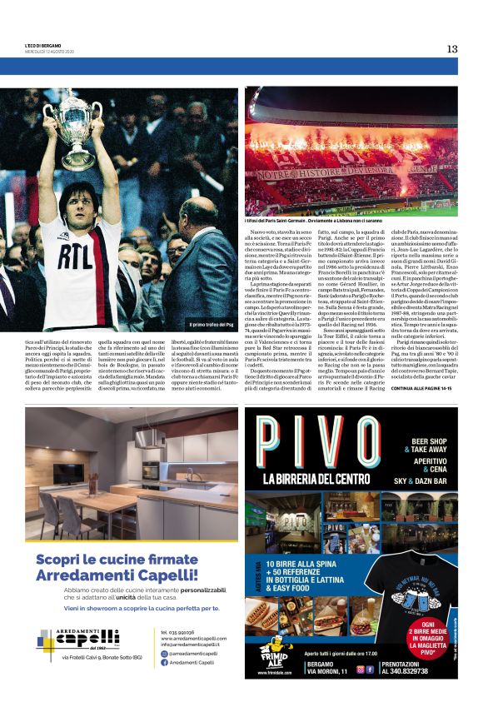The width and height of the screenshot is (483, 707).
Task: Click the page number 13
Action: tap(451, 49)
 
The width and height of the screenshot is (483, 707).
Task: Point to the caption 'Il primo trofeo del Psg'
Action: tap(212, 324)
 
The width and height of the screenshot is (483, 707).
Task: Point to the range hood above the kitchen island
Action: tap(150, 437)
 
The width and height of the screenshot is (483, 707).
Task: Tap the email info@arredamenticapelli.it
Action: tap(191, 645)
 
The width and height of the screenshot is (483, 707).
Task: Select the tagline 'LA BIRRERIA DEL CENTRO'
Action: tap(321, 479)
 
